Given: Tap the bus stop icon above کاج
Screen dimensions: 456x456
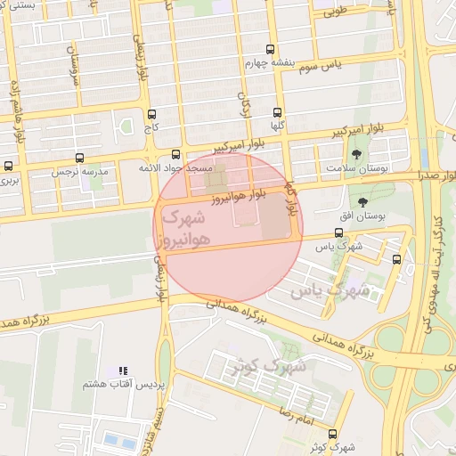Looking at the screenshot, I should pyautogui.click(x=151, y=114).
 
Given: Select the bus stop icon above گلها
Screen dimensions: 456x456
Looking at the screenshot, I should pyautogui.click(x=277, y=112).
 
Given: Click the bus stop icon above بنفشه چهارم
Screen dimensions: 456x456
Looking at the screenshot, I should pyautogui.click(x=271, y=50).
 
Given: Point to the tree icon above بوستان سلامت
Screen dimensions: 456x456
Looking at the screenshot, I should pyautogui.click(x=357, y=154).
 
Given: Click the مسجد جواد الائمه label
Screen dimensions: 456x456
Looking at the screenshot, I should pyautogui.click(x=175, y=167).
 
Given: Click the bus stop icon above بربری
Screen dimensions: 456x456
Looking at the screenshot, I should pyautogui.click(x=9, y=166).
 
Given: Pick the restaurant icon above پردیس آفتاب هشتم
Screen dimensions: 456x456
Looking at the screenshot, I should pyautogui.click(x=123, y=370).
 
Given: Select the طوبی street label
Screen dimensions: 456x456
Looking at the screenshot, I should pyautogui.click(x=333, y=12).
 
